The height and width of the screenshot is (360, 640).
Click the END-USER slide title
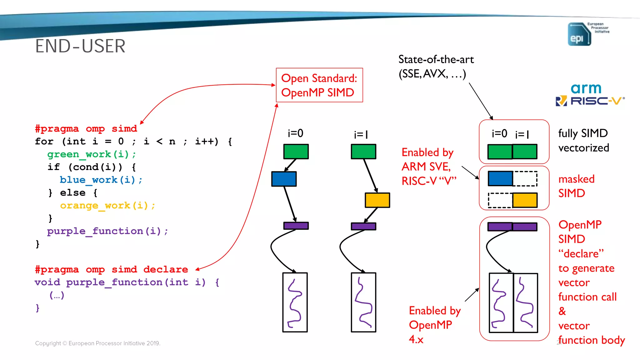tap(80, 46)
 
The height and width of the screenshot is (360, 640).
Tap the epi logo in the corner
tap(579, 34)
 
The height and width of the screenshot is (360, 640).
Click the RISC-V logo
tap(590, 101)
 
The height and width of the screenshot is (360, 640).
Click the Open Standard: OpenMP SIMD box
tap(319, 85)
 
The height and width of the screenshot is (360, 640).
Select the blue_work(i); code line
tap(101, 180)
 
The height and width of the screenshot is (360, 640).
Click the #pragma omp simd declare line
tap(112, 269)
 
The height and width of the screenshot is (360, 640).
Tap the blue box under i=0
tap(284, 179)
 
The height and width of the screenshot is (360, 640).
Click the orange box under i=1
tap(377, 200)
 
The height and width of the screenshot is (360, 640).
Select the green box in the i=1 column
tap(363, 152)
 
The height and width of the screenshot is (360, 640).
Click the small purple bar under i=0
tap(296, 226)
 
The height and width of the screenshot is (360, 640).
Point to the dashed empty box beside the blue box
tap(525, 179)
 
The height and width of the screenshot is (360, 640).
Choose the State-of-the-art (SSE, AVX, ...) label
tap(436, 67)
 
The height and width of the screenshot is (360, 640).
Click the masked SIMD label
tap(576, 186)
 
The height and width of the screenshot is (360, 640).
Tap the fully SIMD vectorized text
tap(583, 140)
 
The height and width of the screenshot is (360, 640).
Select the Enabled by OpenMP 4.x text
tap(434, 325)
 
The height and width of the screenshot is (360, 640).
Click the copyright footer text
tap(97, 343)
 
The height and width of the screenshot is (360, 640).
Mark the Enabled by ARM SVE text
tap(428, 167)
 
